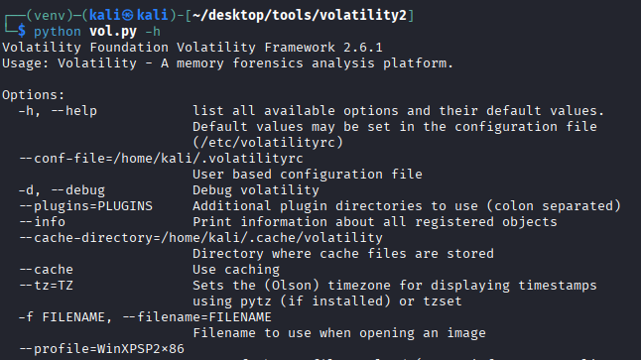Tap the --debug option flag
coord(76,190)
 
